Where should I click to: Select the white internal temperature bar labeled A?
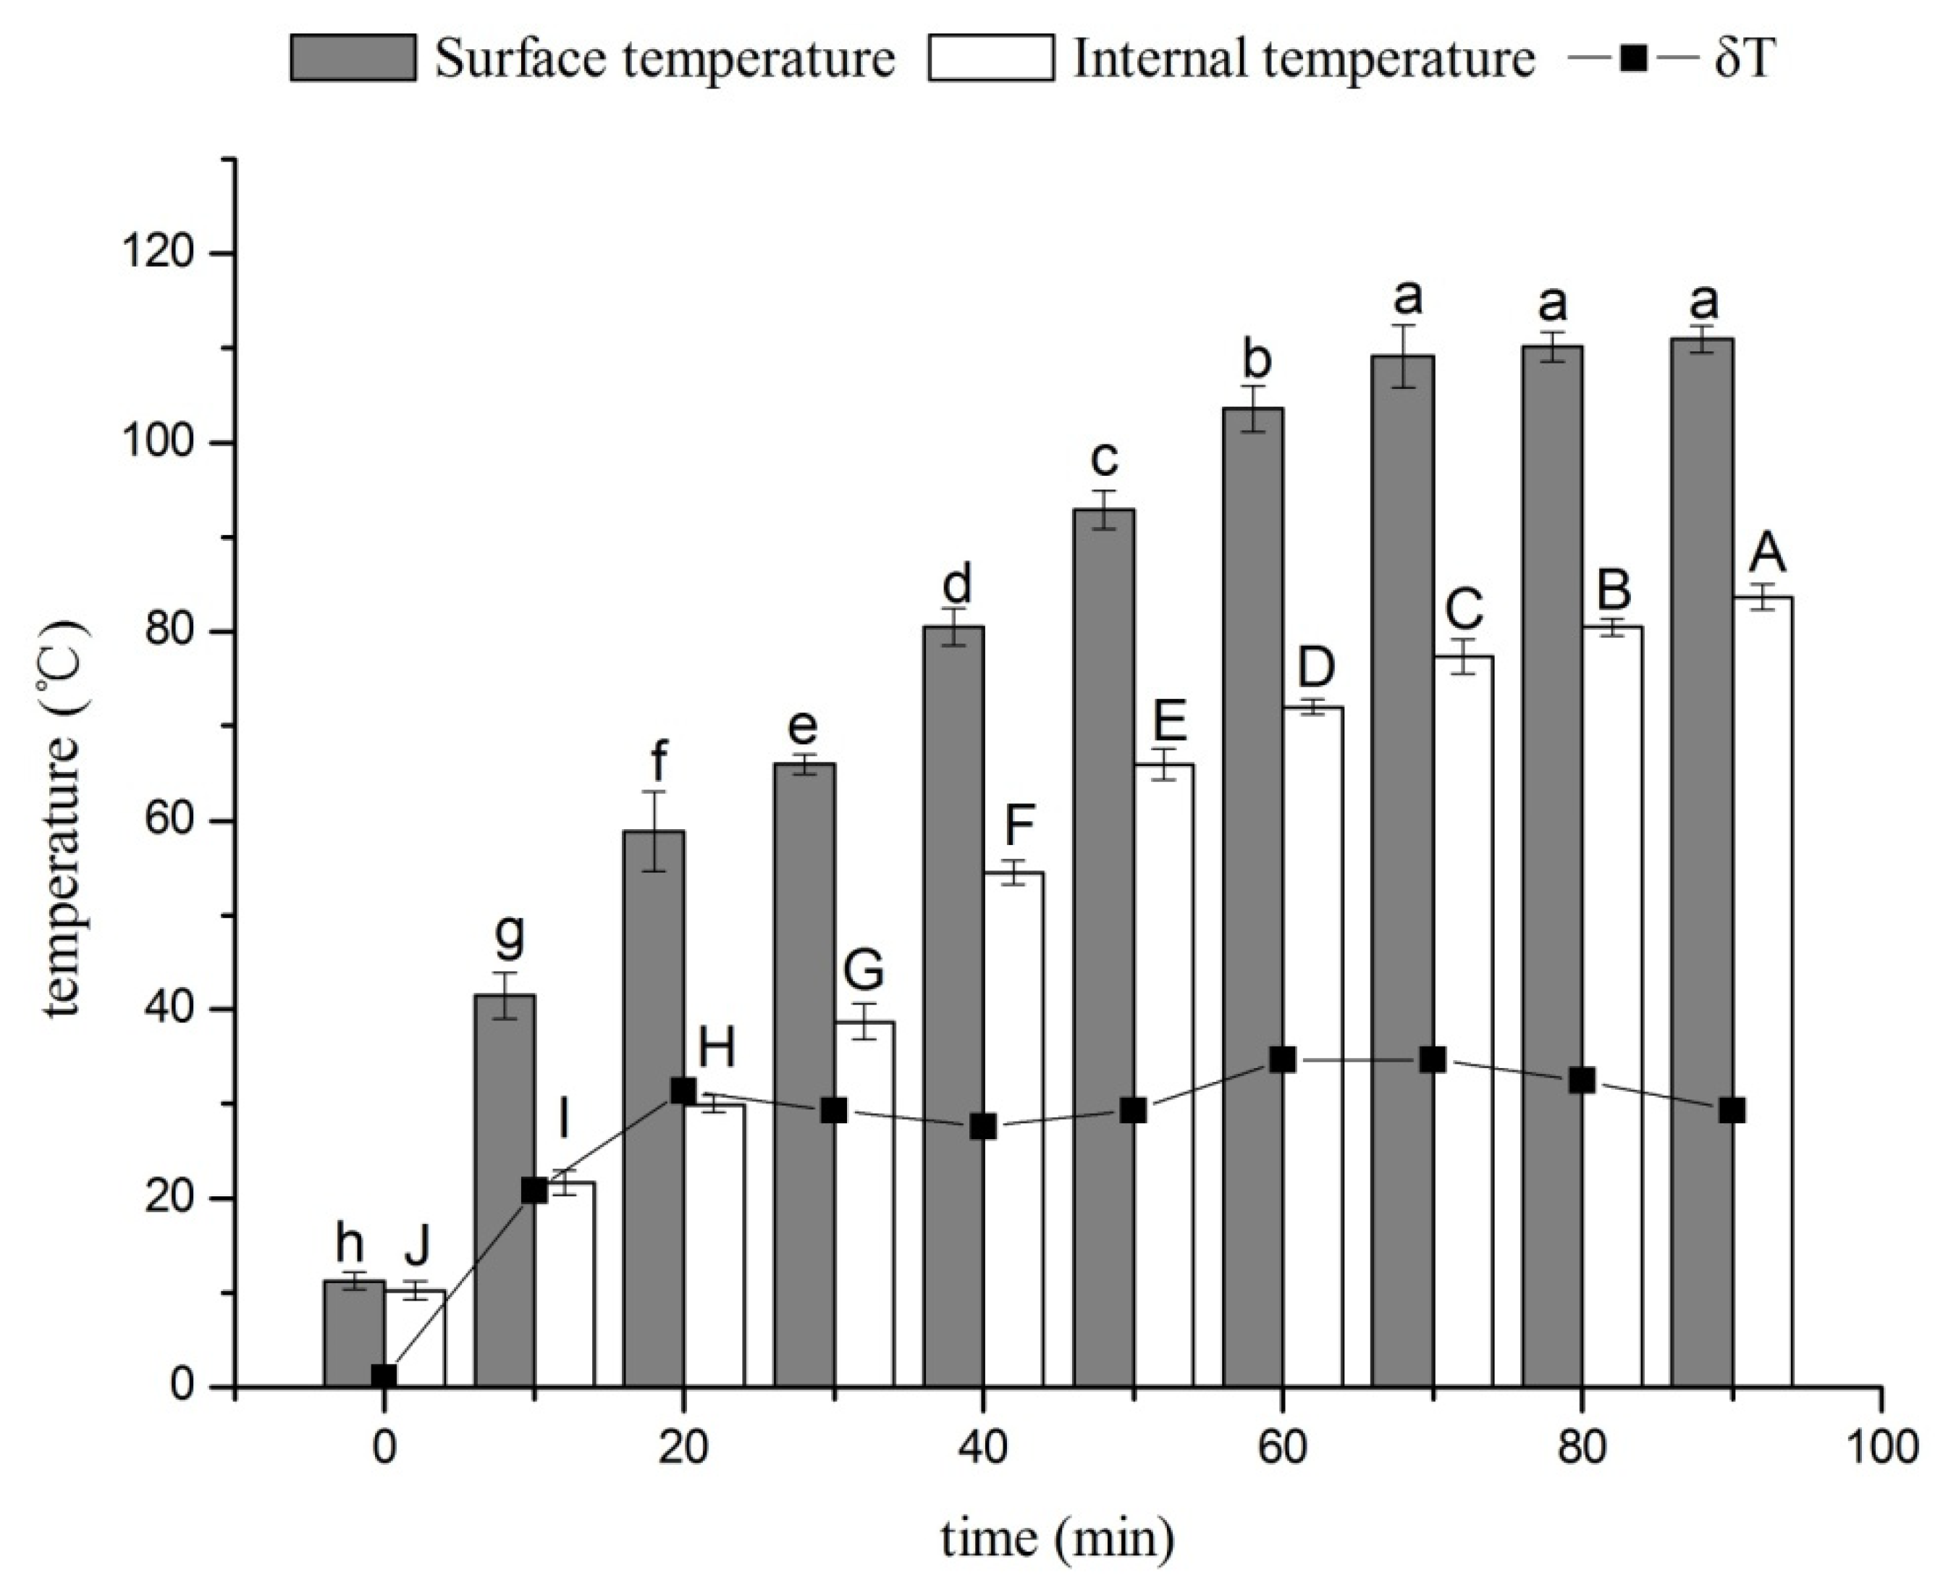[1762, 993]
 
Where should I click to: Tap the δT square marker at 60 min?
[1282, 1060]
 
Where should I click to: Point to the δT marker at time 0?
[384, 1377]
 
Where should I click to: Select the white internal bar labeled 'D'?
[1312, 1048]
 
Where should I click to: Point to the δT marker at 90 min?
[1732, 1111]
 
